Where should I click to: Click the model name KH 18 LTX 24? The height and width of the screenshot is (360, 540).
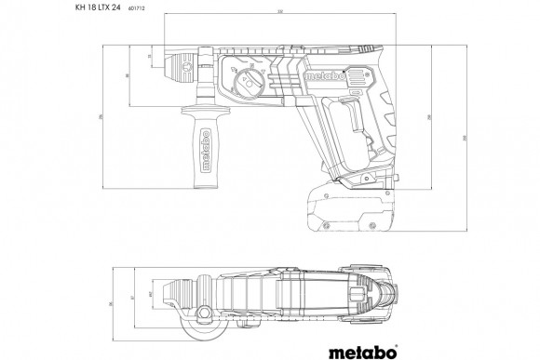(x=92, y=8)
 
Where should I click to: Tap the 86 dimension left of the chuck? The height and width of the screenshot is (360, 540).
(x=127, y=76)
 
